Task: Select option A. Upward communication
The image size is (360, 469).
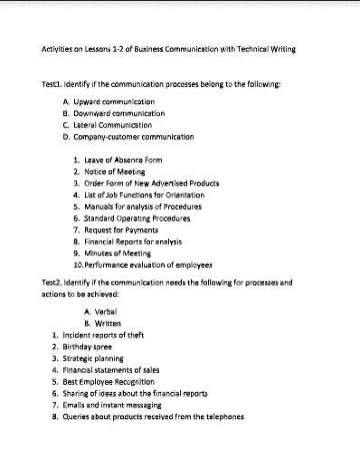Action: tap(109, 102)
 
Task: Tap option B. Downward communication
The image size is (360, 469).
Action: tap(113, 114)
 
